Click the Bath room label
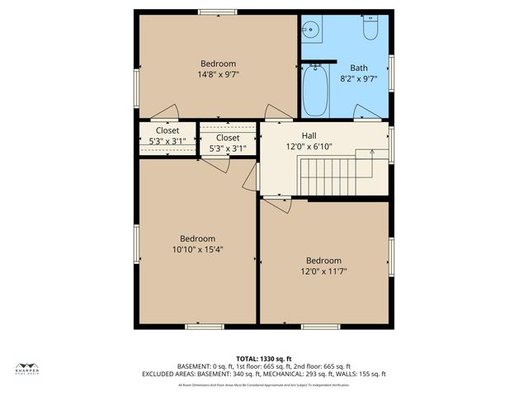click(x=359, y=68)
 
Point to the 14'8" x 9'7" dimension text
click(x=218, y=74)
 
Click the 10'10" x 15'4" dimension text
click(x=198, y=249)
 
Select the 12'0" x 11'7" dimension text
click(x=323, y=271)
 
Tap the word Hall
click(x=308, y=136)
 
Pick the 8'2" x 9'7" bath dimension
click(x=359, y=79)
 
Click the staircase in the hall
click(x=330, y=175)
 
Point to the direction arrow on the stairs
click(x=371, y=152)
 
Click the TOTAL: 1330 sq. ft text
click(x=264, y=358)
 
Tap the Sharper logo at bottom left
click(x=28, y=370)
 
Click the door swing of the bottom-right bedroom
click(x=279, y=205)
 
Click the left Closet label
click(x=167, y=130)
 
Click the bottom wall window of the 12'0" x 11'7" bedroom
click(x=321, y=327)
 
